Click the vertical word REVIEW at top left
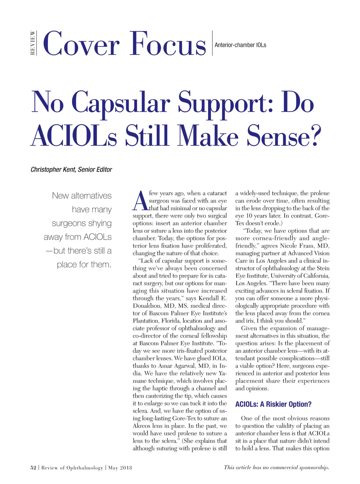(33, 43)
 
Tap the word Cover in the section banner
(81, 44)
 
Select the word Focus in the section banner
(168, 44)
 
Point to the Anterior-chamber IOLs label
(240, 45)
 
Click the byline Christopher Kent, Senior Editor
(71, 170)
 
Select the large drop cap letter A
(140, 201)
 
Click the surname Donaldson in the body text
(147, 306)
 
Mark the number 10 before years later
(249, 216)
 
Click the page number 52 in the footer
(33, 467)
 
